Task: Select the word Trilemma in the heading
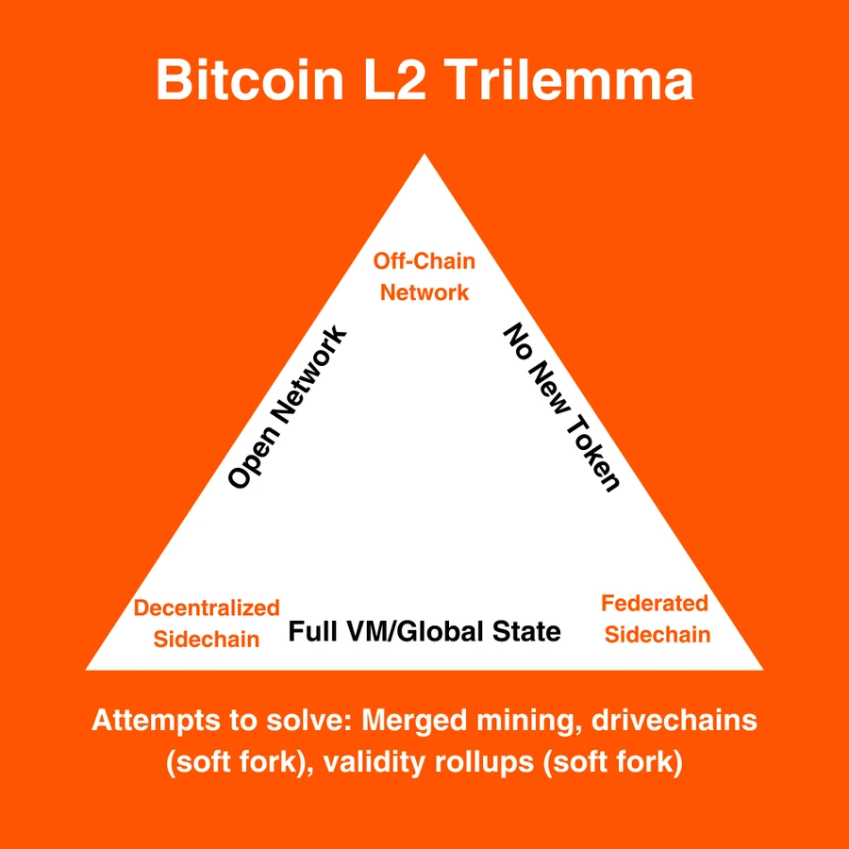pyautogui.click(x=572, y=79)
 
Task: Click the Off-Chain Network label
pyautogui.click(x=424, y=276)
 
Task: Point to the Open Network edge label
pyautogui.click(x=288, y=408)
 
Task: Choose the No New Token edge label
pyautogui.click(x=561, y=408)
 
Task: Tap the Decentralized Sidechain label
pyautogui.click(x=207, y=623)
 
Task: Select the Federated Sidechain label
pyautogui.click(x=657, y=618)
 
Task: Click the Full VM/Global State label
pyautogui.click(x=424, y=631)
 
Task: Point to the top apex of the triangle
pyautogui.click(x=424, y=158)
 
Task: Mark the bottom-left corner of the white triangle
pyautogui.click(x=91, y=668)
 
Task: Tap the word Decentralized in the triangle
pyautogui.click(x=207, y=608)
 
